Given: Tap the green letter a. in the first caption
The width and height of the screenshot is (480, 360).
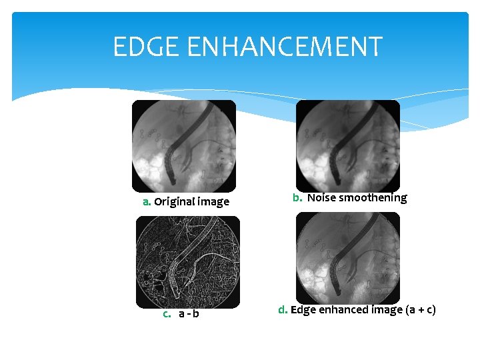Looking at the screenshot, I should tap(146, 201).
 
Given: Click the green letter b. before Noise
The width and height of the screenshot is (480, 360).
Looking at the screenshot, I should tap(297, 197).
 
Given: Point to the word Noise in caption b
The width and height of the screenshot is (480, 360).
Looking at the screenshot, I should tap(322, 197).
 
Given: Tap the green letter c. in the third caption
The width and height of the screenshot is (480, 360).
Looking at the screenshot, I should tap(167, 313).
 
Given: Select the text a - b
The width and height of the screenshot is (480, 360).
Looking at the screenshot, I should tap(189, 313).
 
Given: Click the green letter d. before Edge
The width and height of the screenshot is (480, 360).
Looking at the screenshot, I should tap(283, 309).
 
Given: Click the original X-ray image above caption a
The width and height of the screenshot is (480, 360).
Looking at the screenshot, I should tap(183, 146).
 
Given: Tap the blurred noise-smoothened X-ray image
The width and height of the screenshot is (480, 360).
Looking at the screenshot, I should tap(347, 146).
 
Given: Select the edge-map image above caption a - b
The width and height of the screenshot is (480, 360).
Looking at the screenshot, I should tap(187, 262).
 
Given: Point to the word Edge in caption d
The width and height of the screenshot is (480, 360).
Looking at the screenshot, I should tap(302, 309).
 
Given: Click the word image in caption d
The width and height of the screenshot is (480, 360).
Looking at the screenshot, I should tap(381, 309).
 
